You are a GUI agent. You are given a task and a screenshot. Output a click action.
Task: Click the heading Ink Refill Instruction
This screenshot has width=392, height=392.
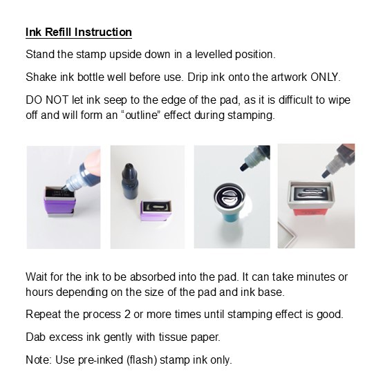tap(79, 32)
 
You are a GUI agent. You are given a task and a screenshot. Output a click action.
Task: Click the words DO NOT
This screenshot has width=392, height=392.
tap(47, 100)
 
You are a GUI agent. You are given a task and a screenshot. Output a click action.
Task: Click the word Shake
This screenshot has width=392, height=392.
tap(41, 77)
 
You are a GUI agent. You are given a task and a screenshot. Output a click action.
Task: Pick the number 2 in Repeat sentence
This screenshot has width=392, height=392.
tap(127, 315)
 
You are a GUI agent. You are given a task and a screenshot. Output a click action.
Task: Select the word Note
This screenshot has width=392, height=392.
tap(38, 360)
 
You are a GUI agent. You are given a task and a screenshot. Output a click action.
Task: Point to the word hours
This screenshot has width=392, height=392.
tap(39, 292)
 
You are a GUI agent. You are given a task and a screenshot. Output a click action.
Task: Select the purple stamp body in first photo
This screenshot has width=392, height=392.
tap(59, 205)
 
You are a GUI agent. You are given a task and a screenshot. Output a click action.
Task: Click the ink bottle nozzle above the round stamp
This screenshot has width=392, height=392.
tap(244, 166)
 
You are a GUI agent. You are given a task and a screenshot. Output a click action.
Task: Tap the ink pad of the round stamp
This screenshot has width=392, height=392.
tap(228, 196)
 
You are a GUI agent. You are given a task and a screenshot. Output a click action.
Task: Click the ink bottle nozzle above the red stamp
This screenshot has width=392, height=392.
tap(326, 173)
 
